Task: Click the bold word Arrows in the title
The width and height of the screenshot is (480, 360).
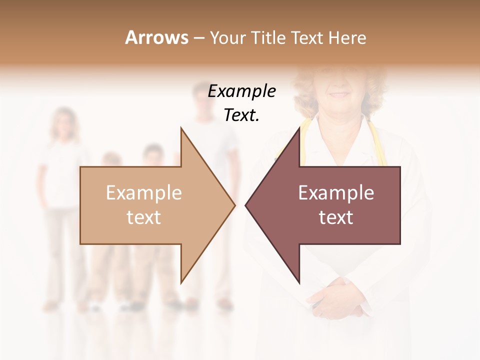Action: (x=156, y=37)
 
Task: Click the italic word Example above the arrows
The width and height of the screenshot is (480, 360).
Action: (x=241, y=91)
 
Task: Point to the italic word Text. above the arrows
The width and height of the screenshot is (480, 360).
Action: (x=241, y=115)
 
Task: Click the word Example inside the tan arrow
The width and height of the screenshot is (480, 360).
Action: (x=144, y=193)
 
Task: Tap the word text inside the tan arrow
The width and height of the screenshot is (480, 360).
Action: (x=144, y=217)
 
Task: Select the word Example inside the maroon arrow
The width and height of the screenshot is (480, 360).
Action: (x=336, y=193)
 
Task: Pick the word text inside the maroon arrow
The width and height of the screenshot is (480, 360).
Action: (x=336, y=217)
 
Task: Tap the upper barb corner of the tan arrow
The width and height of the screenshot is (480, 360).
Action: (x=181, y=128)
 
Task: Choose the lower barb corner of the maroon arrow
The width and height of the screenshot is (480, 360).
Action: (x=299, y=282)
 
